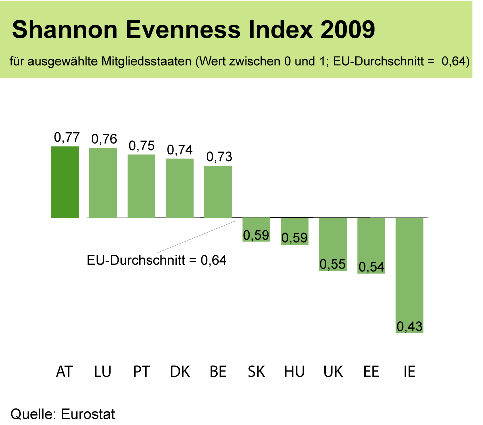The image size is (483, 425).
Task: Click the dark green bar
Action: click(65, 182)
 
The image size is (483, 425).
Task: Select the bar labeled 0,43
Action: click(409, 275)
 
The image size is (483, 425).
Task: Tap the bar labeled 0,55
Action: click(333, 244)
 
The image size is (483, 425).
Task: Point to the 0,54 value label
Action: click(371, 267)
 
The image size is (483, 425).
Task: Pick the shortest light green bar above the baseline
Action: click(218, 192)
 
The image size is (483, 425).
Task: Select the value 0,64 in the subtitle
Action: click(454, 62)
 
